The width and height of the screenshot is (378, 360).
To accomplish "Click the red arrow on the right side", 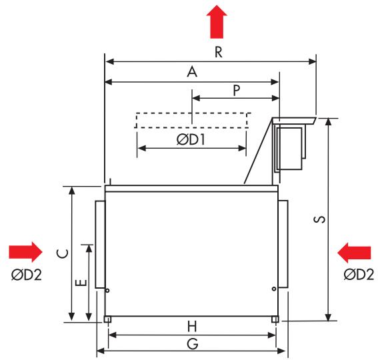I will (354, 252).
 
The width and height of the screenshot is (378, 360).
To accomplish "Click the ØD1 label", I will (191, 139).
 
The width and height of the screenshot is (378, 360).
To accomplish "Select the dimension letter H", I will (192, 326).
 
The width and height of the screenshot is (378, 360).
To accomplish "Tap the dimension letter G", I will (193, 343).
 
